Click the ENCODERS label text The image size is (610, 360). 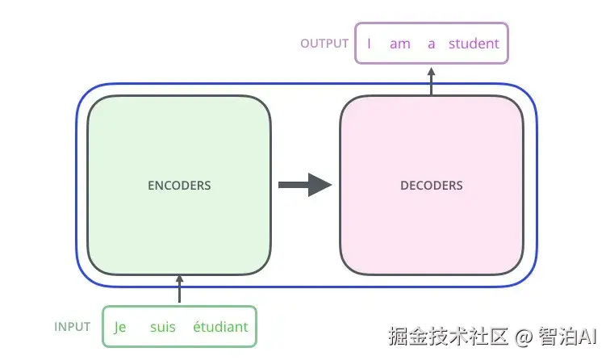(x=179, y=186)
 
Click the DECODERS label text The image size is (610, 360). (x=432, y=186)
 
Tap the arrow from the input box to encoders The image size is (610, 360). (x=179, y=289)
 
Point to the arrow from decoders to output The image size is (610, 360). (x=432, y=79)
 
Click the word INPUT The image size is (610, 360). (x=73, y=327)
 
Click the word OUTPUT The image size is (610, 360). (x=324, y=44)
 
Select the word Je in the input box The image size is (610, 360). (x=121, y=327)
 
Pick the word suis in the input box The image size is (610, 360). (x=162, y=327)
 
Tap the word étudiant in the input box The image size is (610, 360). (x=220, y=327)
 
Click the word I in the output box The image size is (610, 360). (x=369, y=44)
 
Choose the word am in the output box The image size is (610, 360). (x=400, y=44)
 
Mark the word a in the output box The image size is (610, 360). (x=432, y=44)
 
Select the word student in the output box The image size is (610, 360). (x=474, y=44)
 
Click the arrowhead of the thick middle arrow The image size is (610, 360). (x=320, y=185)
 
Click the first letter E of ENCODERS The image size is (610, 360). (x=151, y=186)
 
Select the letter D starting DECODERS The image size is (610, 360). (x=404, y=186)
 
